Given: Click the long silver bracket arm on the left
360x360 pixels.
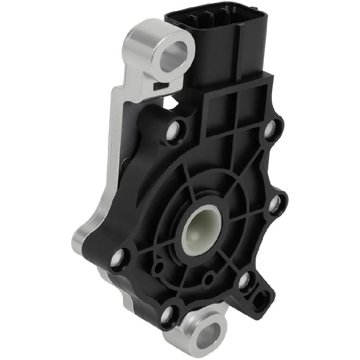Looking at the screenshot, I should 113,151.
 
